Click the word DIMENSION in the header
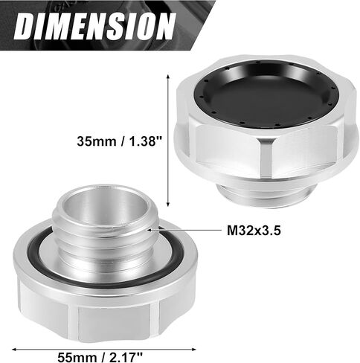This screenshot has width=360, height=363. click(94, 26)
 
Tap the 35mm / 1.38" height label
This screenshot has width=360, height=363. click(119, 141)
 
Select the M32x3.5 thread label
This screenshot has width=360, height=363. click(254, 231)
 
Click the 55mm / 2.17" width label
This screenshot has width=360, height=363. click(100, 357)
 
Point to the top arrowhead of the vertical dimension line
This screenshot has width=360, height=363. click(168, 77)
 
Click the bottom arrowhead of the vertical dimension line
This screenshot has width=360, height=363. click(168, 204)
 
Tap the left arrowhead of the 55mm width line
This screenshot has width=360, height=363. click(14, 350)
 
